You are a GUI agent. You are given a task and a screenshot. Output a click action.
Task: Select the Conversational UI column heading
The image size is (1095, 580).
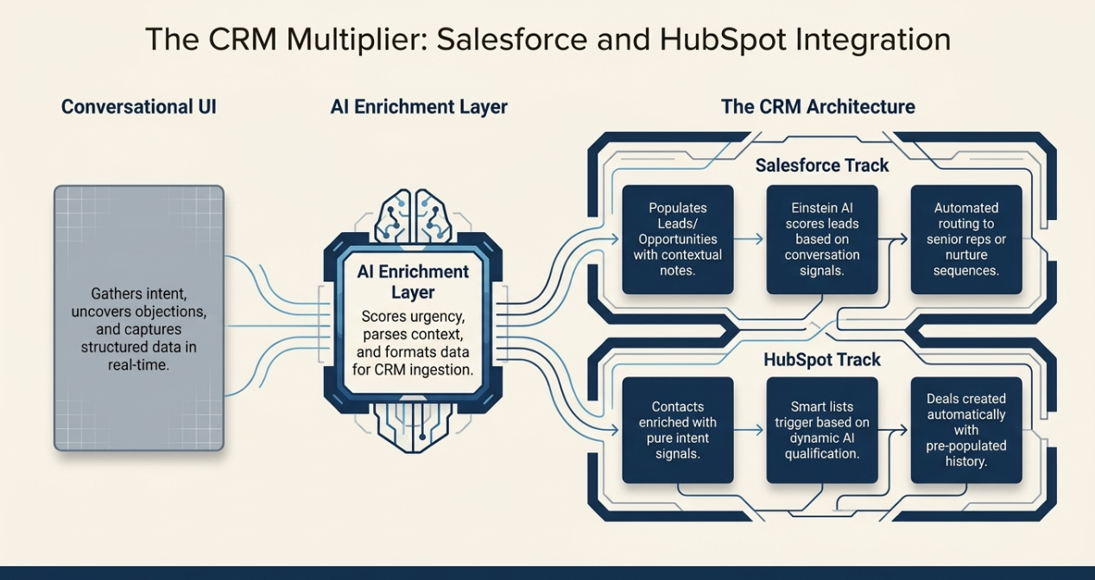tap(139, 107)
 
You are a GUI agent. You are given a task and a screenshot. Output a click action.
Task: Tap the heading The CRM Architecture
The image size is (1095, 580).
tap(818, 107)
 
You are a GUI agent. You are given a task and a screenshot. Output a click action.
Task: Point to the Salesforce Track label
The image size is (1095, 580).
tap(821, 165)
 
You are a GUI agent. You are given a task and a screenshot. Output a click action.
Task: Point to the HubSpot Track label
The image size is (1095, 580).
tap(821, 358)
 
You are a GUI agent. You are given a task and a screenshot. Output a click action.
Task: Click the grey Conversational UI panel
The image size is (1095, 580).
tap(139, 318)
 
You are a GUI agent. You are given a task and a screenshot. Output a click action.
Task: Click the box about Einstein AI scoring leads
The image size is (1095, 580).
tap(821, 239)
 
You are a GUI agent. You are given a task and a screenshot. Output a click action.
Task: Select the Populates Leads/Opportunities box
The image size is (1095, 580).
tap(678, 239)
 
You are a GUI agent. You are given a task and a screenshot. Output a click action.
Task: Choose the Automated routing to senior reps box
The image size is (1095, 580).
tap(965, 239)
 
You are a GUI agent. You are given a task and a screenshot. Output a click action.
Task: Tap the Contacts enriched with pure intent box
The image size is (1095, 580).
tap(678, 430)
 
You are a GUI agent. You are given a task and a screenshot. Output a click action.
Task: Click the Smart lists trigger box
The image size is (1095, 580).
tap(821, 430)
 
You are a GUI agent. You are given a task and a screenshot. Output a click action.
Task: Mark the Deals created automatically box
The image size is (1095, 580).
tap(965, 430)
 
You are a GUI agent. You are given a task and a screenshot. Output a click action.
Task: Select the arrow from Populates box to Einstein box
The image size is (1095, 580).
tap(750, 239)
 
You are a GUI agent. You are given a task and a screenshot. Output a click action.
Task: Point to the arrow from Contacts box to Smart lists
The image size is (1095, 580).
tap(750, 430)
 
